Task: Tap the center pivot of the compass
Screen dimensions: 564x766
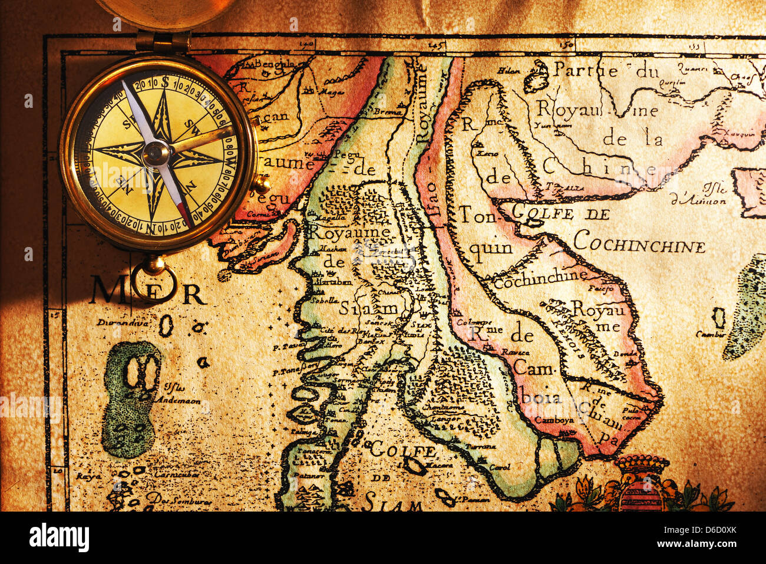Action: [157, 153]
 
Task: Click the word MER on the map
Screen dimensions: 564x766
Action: [148, 291]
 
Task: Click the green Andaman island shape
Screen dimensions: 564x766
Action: [131, 398]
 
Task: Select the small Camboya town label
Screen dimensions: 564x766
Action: [554, 420]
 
